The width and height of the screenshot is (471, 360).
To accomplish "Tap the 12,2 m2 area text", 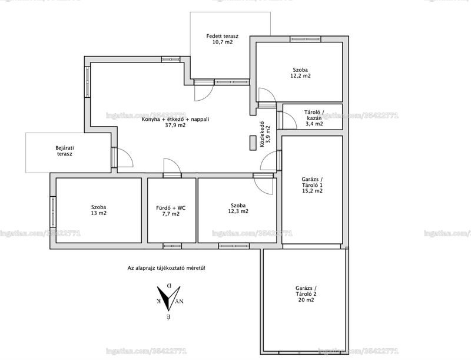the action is point(300,76).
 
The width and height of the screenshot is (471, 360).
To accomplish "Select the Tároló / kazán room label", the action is point(314,115).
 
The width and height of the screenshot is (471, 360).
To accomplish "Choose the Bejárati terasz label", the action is point(65,151).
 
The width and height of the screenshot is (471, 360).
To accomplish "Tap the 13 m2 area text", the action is point(99,213).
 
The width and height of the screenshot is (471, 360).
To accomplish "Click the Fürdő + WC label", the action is point(171,207).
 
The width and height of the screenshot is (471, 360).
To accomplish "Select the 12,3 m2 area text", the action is point(238,211).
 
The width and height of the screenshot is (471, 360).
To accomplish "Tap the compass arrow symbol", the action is point(169,298).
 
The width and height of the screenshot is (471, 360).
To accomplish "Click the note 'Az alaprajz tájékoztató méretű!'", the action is point(167,267).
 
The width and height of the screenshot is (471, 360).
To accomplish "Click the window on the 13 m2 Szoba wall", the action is point(53,212).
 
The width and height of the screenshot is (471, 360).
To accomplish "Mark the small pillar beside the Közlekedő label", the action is point(252,143).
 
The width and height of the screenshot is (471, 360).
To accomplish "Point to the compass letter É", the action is point(169,316).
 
